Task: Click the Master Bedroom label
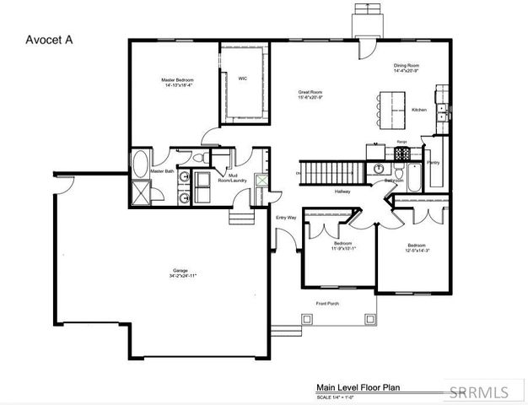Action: [178, 80]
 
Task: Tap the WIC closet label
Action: [243, 78]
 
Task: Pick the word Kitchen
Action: [419, 110]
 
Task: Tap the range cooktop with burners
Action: [402, 154]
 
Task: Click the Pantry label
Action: [434, 162]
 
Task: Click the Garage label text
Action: [180, 270]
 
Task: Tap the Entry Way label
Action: [286, 218]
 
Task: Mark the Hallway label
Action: [342, 192]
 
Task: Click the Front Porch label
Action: [328, 303]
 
